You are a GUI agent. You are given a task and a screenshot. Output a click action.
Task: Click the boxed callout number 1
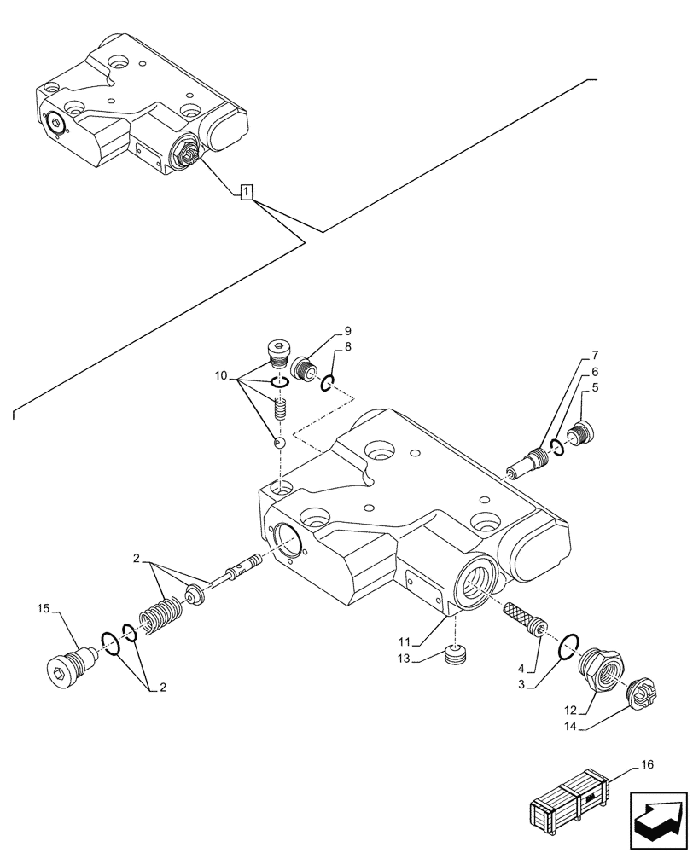click(246, 193)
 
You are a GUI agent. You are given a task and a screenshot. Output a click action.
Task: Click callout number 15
click(44, 608)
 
